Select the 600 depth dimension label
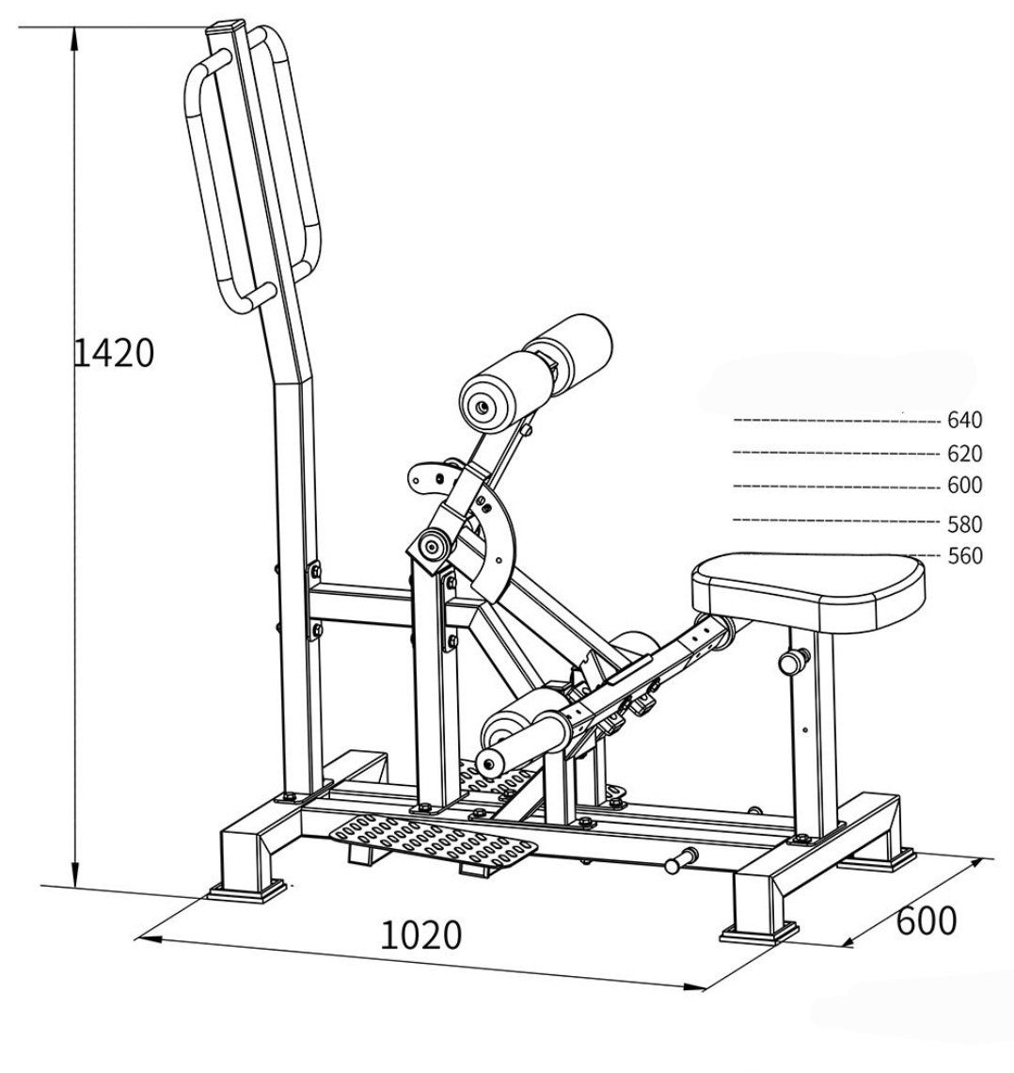pyautogui.click(x=926, y=920)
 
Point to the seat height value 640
pyautogui.click(x=964, y=421)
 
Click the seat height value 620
pyautogui.click(x=964, y=454)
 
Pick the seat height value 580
pyautogui.click(x=964, y=523)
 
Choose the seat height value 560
pyautogui.click(x=964, y=555)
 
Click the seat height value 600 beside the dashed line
pyautogui.click(x=964, y=486)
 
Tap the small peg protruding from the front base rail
pyautogui.click(x=680, y=859)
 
